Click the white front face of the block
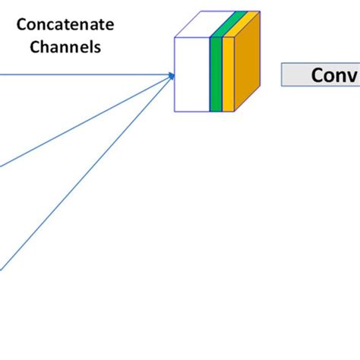192,74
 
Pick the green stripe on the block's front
216,74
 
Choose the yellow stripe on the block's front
228,74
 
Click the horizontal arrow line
84,74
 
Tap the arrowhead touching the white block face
172,75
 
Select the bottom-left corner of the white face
175,111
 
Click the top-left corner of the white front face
175,37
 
